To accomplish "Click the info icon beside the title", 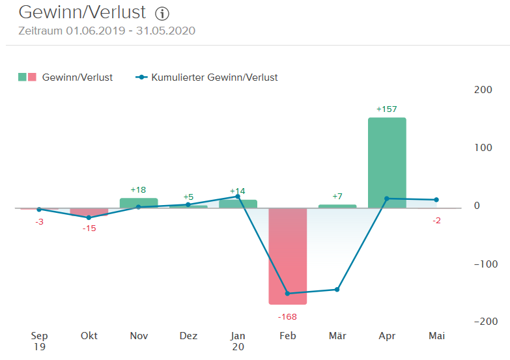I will [x=162, y=14].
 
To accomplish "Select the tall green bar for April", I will [x=387, y=163].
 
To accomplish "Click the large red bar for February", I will [x=287, y=256].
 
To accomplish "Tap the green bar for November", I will [x=139, y=203].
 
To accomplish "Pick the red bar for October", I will [x=89, y=213].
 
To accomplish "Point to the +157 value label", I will [x=387, y=109].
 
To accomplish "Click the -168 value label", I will [x=287, y=316].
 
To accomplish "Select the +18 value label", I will [x=139, y=189].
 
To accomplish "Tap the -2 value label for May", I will [x=436, y=221].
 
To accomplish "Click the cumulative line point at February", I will [x=287, y=294].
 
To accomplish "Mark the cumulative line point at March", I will [x=337, y=290].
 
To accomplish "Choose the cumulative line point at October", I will [x=89, y=217].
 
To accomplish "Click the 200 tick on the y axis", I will [x=483, y=90].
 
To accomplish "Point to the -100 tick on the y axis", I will [x=481, y=264].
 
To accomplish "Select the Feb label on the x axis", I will [x=287, y=336].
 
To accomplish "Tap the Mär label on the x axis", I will [x=337, y=336].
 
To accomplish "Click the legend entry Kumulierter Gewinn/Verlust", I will [x=214, y=77].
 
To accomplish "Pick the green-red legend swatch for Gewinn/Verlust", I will [x=27, y=77].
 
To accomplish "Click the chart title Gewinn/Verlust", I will [x=82, y=12].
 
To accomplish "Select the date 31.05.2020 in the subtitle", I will [x=165, y=31].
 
